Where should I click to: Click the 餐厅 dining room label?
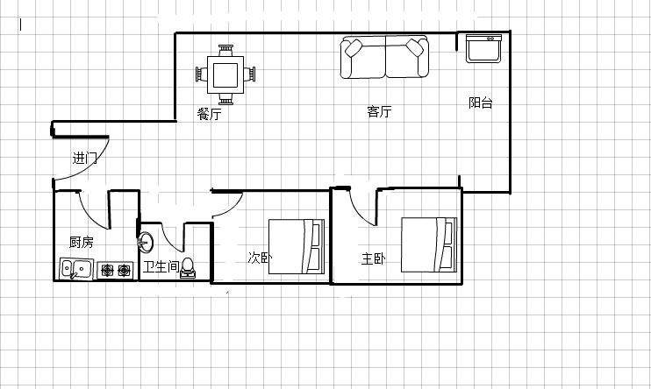point(209,114)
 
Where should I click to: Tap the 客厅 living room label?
point(379,111)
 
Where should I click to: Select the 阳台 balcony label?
point(481,103)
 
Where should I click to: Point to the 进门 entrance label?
point(85,158)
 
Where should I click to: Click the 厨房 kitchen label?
point(82,242)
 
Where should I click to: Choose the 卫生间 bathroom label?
point(161,266)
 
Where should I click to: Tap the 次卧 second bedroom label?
point(260,258)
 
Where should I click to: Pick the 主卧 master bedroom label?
point(373,258)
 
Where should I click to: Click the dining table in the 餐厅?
point(225,74)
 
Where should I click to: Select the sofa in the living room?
point(385,57)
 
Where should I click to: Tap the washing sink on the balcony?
point(483,48)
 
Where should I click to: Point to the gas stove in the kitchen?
point(116,271)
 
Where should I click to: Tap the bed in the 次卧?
point(297,246)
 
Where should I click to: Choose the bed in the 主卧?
point(429,244)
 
